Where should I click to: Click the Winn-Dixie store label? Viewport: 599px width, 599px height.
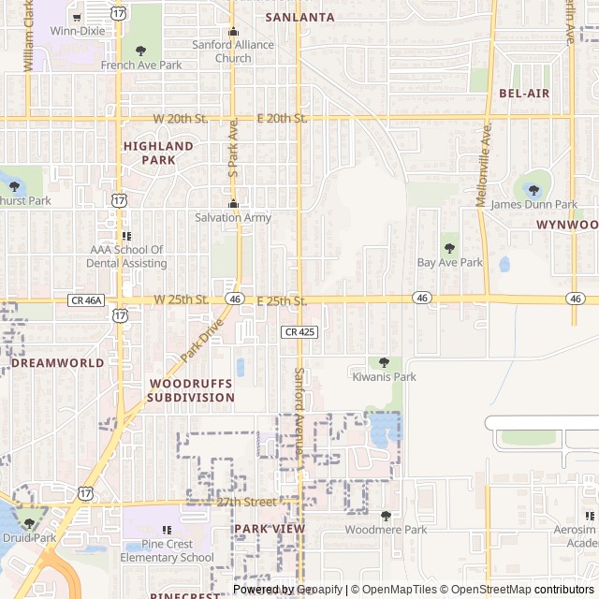pos(78,31)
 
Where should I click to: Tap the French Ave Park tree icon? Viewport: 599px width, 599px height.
pos(141,51)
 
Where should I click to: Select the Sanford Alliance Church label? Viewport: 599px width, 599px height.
pos(233,51)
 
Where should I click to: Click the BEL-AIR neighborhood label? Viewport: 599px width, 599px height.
pos(524,94)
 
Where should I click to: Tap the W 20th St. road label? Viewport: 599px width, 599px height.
pos(181,118)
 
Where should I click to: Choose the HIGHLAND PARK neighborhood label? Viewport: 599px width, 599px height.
pos(158,153)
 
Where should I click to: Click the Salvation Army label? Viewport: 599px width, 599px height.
pos(233,218)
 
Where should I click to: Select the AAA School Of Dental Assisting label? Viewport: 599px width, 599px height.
pos(128,256)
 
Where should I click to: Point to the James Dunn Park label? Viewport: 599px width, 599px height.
pos(534,204)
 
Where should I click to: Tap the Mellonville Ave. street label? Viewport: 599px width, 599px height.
pos(484,165)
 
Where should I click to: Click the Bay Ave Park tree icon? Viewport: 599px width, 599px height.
pos(450,248)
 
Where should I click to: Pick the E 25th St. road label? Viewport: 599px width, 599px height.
pos(282,300)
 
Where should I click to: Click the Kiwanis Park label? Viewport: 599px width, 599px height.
pos(384,377)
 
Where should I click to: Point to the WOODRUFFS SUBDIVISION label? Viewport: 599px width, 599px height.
pos(192,390)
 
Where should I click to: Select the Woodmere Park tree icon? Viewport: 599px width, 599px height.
pos(386,516)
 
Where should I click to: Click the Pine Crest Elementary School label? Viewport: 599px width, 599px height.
pos(167,550)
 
